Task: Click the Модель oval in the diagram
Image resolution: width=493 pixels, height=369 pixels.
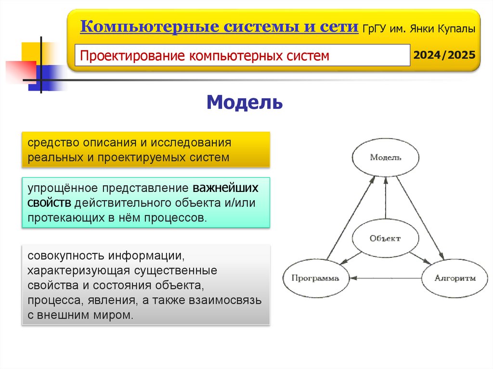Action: point(385,157)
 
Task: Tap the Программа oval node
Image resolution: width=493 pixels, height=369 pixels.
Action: point(314,278)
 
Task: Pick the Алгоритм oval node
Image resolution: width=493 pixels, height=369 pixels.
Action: point(454,278)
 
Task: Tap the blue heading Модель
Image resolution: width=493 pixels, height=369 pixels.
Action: point(245,102)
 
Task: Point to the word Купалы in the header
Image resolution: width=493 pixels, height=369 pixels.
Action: point(457,29)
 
